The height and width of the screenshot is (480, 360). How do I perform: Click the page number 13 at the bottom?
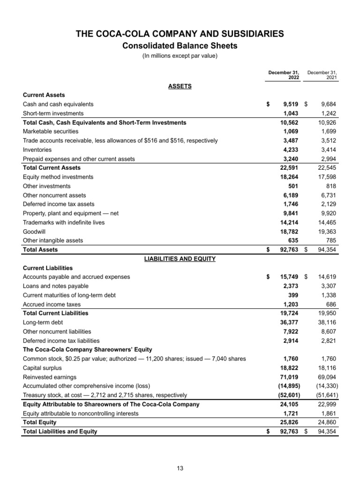coord(180,467)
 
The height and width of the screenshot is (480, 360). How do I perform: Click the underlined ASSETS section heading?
coord(180,86)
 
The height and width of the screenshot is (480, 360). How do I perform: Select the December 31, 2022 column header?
coord(284,75)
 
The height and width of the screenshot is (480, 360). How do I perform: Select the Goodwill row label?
coord(34,231)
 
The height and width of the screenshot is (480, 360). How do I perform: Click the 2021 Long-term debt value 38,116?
coord(327,322)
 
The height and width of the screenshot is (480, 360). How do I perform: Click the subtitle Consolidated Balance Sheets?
coord(180,45)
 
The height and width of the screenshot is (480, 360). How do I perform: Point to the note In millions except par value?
coord(180,57)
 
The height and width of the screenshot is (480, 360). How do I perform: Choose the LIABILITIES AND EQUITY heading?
coord(180,259)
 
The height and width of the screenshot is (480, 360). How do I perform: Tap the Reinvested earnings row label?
coord(50,377)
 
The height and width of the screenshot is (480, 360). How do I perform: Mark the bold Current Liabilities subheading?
coord(48,268)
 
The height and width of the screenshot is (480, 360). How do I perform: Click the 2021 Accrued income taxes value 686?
coord(331,304)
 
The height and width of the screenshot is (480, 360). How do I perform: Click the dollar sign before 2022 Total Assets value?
coord(268,250)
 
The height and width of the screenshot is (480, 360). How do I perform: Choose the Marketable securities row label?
coord(51,131)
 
